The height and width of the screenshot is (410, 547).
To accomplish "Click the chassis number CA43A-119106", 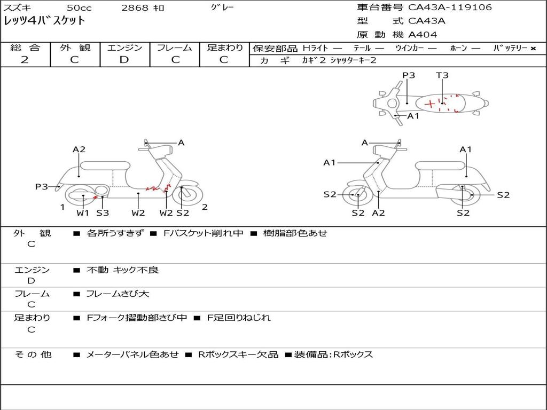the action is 450,7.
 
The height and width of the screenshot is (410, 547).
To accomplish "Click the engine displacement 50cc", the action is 79,8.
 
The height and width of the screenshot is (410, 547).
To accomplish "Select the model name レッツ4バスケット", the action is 44,21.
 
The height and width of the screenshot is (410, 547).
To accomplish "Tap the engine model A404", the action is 423,35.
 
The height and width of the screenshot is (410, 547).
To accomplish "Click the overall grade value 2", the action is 25,60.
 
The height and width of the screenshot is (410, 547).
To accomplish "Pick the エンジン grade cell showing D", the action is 124,60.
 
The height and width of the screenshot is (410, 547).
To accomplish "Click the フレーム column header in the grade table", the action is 175,48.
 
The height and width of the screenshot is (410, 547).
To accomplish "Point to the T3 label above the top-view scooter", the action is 442,75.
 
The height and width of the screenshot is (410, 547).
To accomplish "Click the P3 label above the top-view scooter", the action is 409,75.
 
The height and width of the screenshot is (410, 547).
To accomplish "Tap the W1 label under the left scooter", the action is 83,213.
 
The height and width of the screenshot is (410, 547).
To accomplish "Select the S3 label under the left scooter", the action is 103,213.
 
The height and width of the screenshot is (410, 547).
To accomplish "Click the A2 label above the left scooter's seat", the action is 79,149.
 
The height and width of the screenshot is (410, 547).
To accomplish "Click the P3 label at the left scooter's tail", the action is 42,186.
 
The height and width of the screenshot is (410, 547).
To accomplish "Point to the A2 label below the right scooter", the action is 379,213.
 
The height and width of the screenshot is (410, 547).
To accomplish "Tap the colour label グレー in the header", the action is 222,7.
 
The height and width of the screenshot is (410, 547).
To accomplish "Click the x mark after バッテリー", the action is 533,48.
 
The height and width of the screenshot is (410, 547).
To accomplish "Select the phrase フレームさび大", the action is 118,294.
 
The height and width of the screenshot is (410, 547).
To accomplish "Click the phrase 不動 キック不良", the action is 123,270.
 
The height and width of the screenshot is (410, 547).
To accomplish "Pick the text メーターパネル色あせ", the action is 132,354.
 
